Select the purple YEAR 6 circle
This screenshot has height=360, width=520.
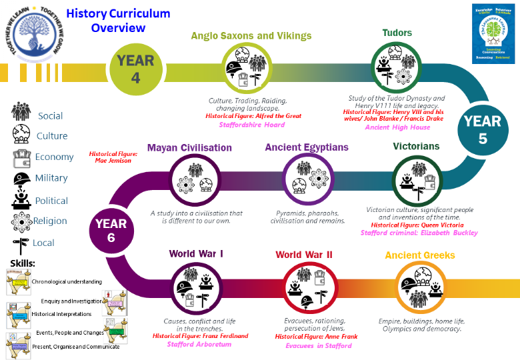111,230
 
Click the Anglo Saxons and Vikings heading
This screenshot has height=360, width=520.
251,36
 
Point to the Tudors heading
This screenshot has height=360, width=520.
397,33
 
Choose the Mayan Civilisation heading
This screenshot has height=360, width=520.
189,147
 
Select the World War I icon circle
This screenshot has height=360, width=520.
196,287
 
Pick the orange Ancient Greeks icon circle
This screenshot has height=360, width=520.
420,287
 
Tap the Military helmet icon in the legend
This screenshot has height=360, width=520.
23,178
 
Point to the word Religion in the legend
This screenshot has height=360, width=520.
51,221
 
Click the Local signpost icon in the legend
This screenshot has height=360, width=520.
22,243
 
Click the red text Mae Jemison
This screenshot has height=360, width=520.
113,161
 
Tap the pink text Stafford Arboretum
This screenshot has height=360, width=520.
199,345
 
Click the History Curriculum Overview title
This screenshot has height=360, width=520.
119,21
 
